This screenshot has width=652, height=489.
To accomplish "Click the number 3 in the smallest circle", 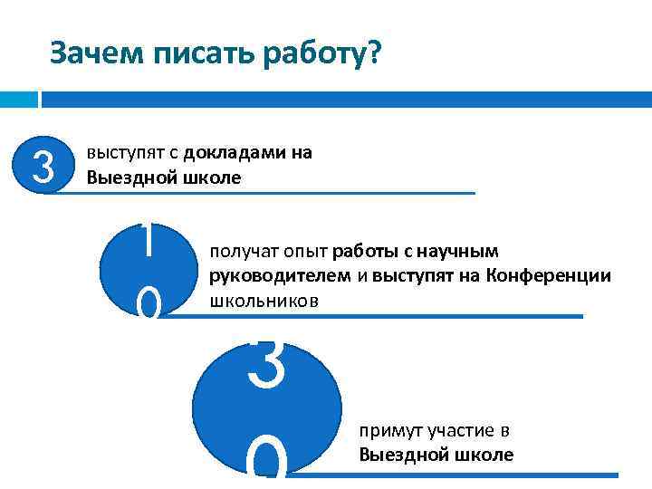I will pos(42,165).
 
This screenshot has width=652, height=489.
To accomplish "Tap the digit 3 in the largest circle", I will pos(266,361).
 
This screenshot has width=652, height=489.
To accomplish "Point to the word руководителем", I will pos(264,275).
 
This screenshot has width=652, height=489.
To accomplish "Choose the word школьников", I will pos(264,300).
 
